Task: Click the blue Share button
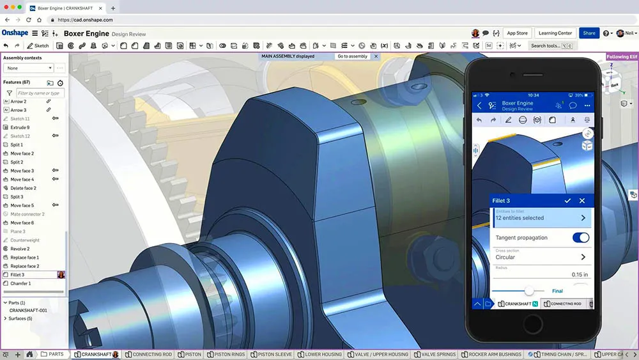click(589, 33)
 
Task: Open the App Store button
click(517, 33)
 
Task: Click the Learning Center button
click(555, 33)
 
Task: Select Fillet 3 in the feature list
click(18, 275)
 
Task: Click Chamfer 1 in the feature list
click(20, 283)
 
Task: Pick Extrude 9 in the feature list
click(20, 127)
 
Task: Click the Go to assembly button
click(352, 56)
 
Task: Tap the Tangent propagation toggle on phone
click(580, 238)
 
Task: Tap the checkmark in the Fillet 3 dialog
click(567, 201)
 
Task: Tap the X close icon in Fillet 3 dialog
click(582, 201)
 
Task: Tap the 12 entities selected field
click(541, 218)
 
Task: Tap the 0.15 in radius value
click(580, 274)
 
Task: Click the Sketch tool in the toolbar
click(38, 46)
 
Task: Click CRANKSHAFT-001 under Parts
click(28, 310)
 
